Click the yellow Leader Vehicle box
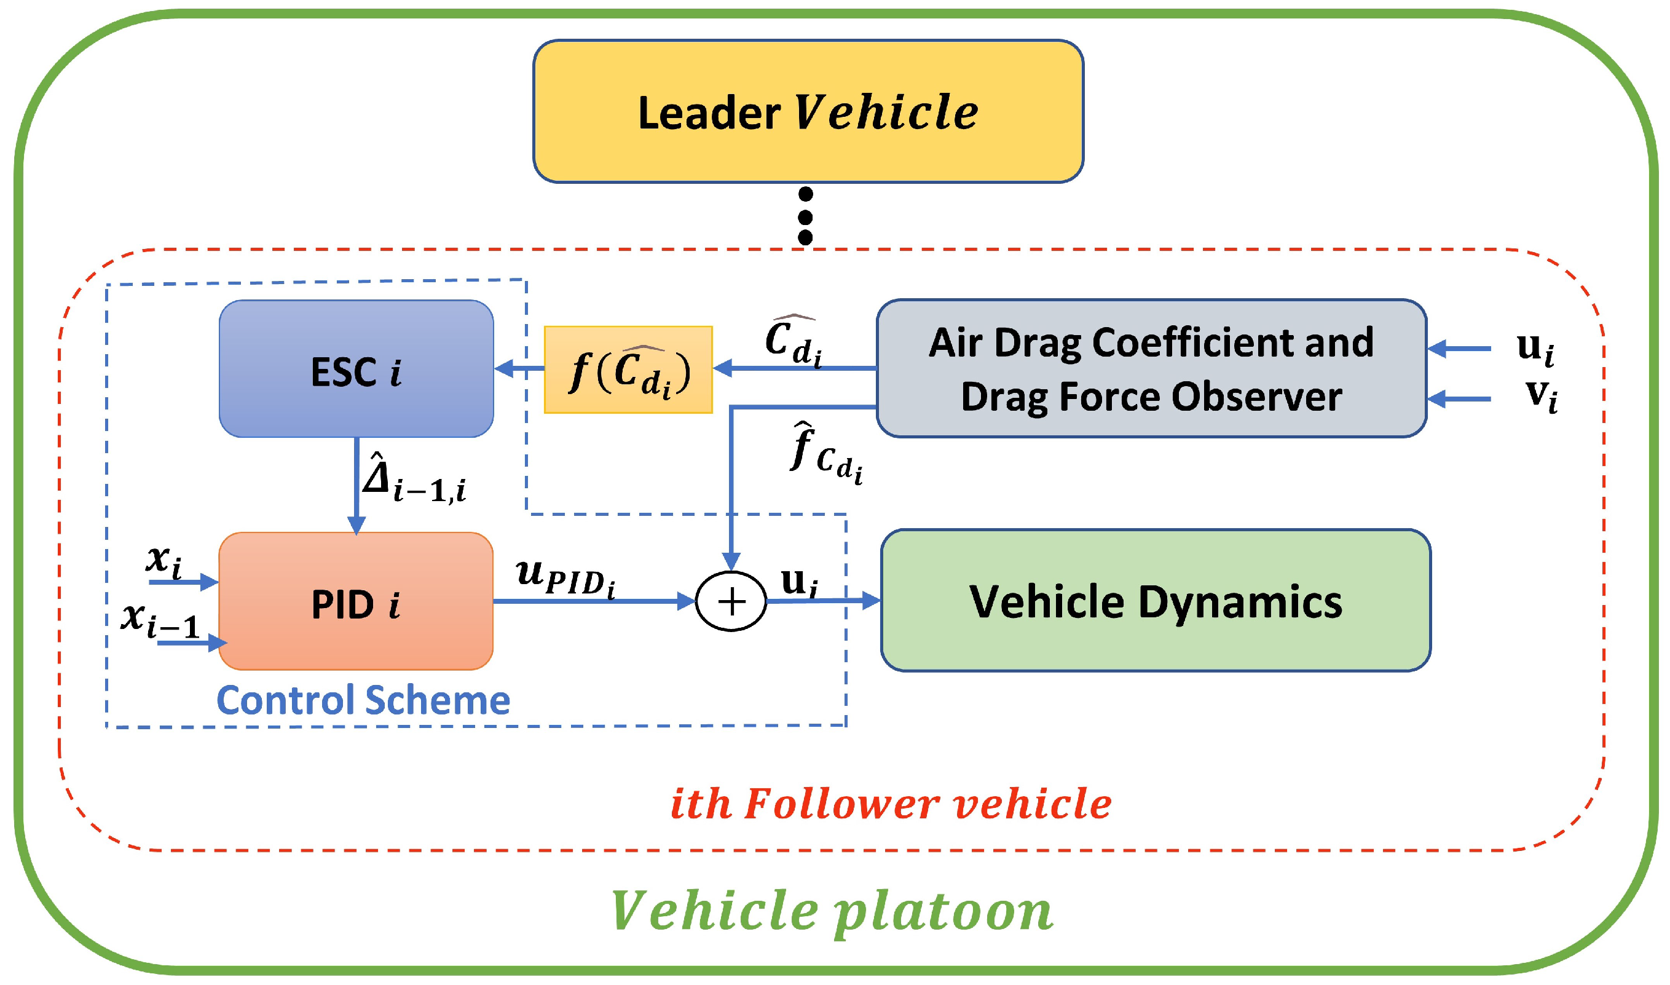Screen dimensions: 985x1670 coord(808,111)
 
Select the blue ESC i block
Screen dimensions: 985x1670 coord(356,369)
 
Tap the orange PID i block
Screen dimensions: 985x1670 coord(356,602)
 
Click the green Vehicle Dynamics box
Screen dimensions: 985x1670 coord(1155,601)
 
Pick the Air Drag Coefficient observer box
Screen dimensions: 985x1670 coord(1151,369)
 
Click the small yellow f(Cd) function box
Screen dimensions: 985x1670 coord(628,370)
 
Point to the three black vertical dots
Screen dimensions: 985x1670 coord(805,216)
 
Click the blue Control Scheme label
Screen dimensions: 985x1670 coord(364,701)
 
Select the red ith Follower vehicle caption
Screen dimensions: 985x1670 coord(891,804)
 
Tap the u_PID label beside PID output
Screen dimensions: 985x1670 coord(565,577)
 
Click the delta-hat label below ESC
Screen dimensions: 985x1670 coord(412,479)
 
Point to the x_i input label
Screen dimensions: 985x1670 coord(163,561)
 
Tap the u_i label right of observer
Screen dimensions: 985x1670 coord(1535,348)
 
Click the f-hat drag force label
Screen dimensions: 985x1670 coord(825,454)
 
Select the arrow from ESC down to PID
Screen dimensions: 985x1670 coord(357,485)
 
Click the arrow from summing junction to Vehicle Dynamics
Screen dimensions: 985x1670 coord(823,601)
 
